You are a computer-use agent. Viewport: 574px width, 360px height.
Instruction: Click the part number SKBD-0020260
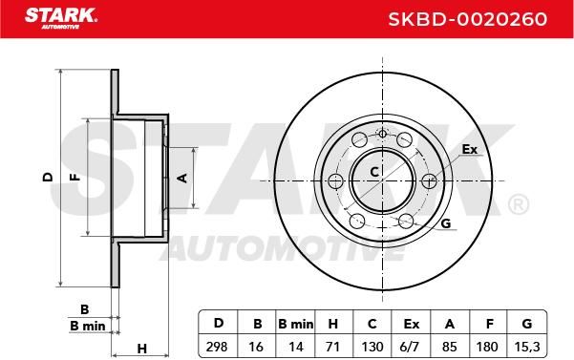[x=467, y=19]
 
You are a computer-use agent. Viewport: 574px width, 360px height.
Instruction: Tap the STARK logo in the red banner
[x=60, y=18]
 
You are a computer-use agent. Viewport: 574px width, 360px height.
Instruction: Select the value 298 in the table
[x=217, y=346]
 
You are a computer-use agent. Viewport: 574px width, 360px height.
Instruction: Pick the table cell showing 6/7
[x=409, y=346]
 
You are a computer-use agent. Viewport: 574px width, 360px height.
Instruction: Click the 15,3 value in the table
[x=527, y=346]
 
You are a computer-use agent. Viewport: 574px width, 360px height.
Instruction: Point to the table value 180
[x=487, y=346]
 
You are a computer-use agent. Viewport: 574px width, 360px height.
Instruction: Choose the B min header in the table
[x=296, y=324]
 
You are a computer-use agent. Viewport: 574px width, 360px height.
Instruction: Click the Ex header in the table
[x=411, y=324]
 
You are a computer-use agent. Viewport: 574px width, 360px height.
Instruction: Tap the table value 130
[x=372, y=346]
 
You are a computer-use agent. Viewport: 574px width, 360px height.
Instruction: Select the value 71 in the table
[x=332, y=346]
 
